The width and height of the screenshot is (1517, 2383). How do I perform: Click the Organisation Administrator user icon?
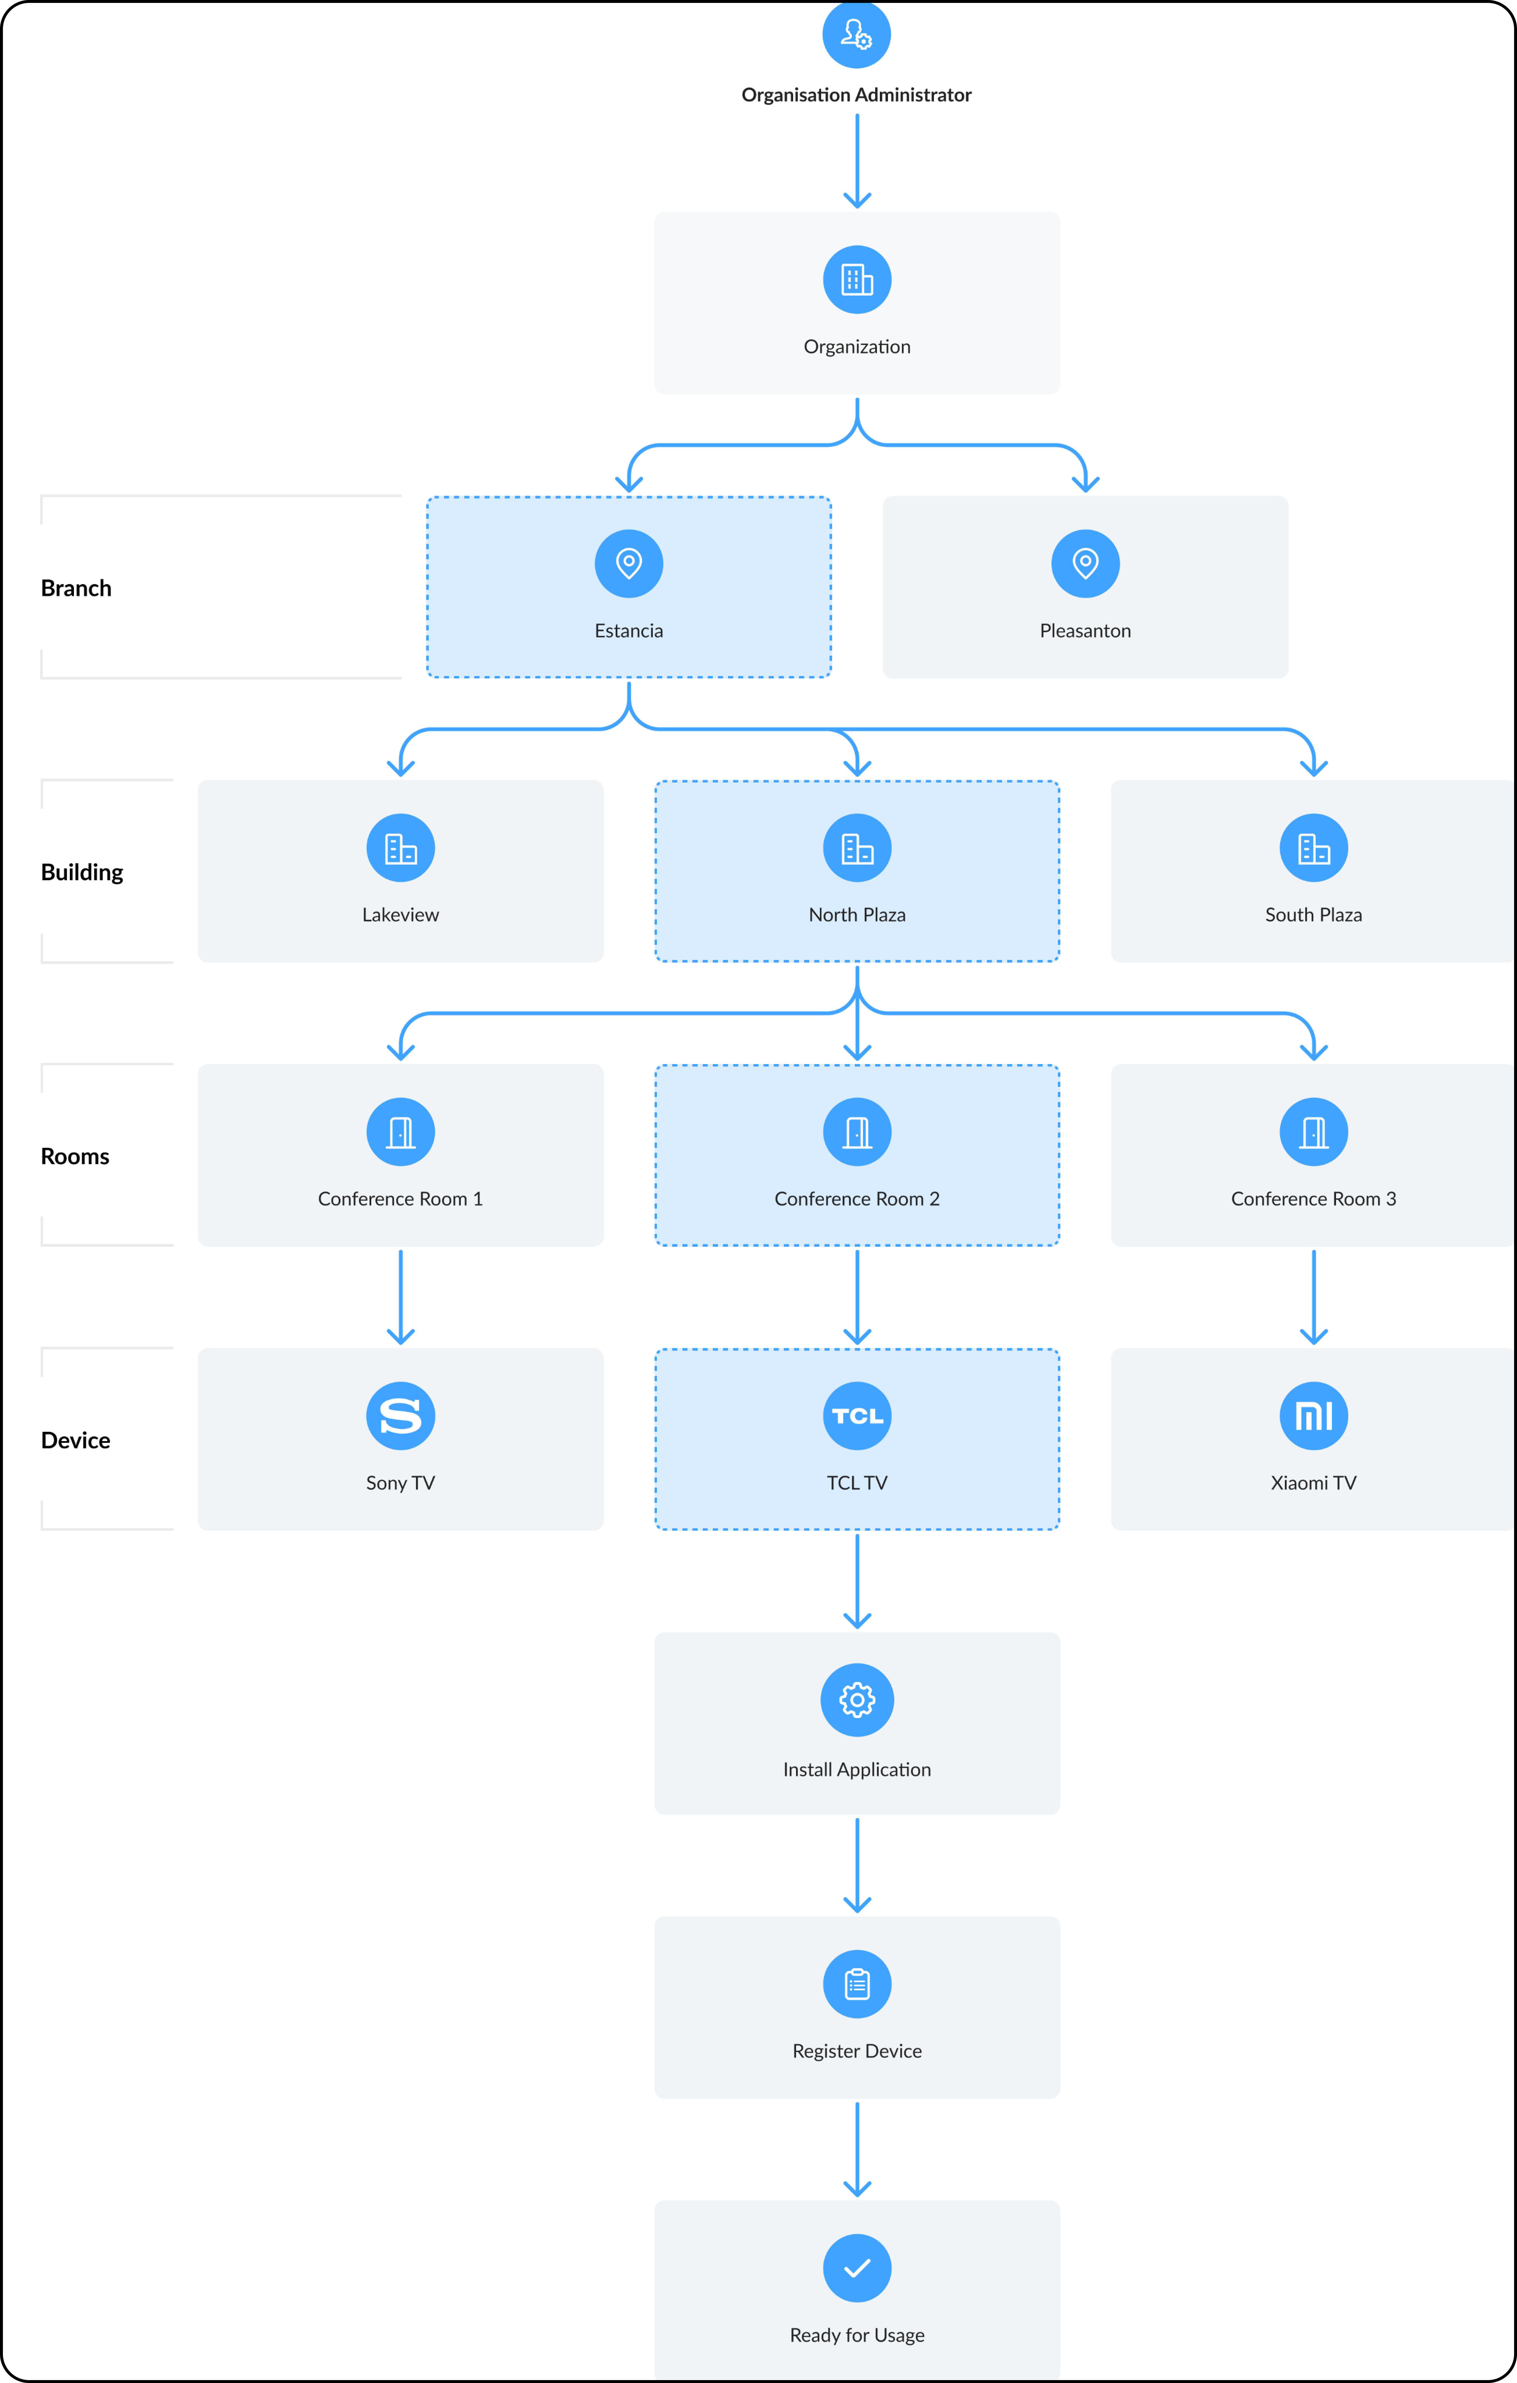pyautogui.click(x=857, y=35)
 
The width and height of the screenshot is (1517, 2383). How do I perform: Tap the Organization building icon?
pyautogui.click(x=857, y=280)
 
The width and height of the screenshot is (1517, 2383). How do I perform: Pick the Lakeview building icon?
pyautogui.click(x=401, y=848)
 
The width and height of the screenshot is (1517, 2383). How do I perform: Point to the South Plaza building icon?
pyautogui.click(x=1314, y=848)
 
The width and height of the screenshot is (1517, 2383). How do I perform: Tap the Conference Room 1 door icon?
pyautogui.click(x=401, y=1132)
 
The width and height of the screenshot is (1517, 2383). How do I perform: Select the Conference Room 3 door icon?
pyautogui.click(x=1314, y=1132)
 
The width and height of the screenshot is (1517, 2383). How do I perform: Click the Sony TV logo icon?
pyautogui.click(x=401, y=1416)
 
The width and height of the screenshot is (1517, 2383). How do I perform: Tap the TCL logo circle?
pyautogui.click(x=857, y=1416)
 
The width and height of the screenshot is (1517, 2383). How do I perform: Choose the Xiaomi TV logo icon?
pyautogui.click(x=1314, y=1416)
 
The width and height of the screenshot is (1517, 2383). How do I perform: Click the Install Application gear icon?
pyautogui.click(x=857, y=1700)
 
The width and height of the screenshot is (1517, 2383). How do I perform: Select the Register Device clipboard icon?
pyautogui.click(x=857, y=1984)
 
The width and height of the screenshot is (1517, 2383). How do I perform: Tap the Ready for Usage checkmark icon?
pyautogui.click(x=857, y=2268)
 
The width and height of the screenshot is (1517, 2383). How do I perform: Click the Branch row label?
pyautogui.click(x=76, y=589)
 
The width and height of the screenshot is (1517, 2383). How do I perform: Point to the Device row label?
pyautogui.click(x=75, y=1441)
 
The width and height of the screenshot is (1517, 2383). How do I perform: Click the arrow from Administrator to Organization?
pyautogui.click(x=857, y=161)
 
